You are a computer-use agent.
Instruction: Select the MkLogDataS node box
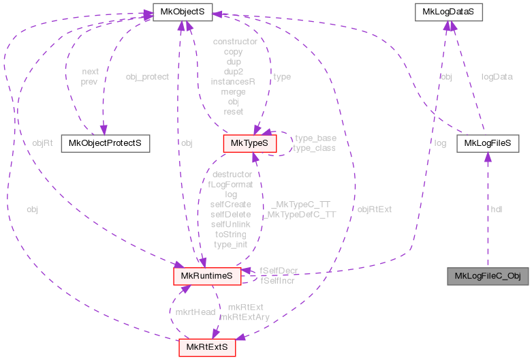point(449,12)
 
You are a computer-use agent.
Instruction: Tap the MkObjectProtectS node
point(105,143)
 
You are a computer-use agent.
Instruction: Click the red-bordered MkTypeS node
point(250,143)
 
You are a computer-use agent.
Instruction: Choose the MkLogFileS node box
point(488,143)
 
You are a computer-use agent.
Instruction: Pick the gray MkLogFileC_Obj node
point(487,276)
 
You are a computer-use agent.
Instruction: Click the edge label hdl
point(497,209)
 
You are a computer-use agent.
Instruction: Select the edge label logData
point(497,77)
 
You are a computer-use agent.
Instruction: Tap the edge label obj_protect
point(147,76)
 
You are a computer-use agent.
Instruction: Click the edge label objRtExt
point(375,209)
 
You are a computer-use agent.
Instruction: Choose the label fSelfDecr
point(278,271)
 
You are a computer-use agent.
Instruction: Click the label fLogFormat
point(230,184)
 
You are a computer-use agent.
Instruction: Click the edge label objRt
point(42,143)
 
